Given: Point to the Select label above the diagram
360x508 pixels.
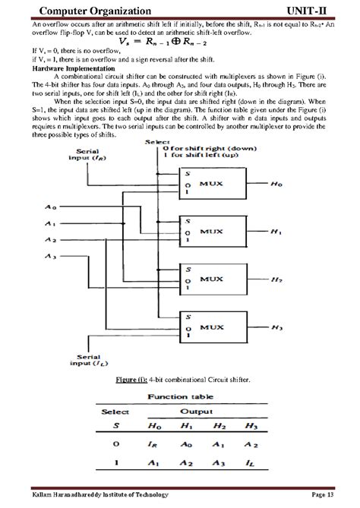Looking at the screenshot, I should tap(158, 142).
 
